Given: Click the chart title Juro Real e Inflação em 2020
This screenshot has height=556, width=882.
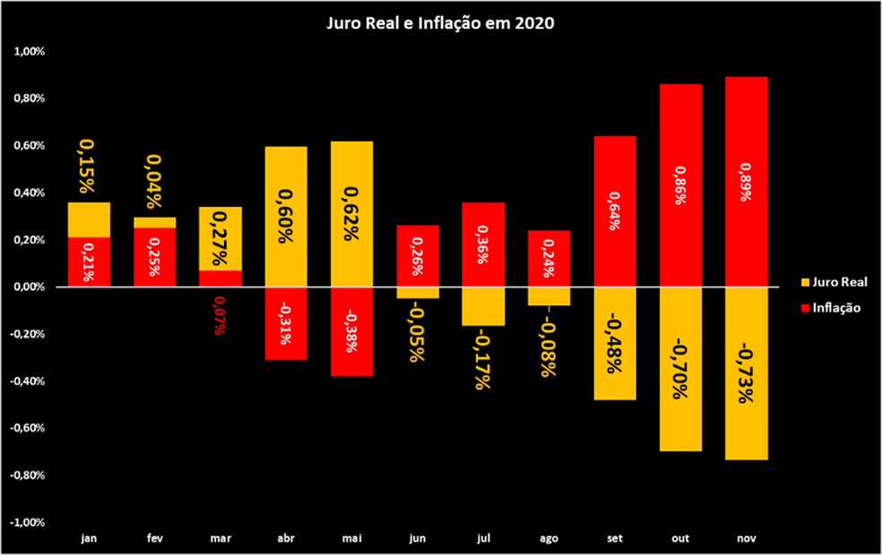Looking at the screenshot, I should [x=440, y=24].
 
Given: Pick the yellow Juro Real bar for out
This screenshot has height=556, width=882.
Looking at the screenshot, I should [x=680, y=368].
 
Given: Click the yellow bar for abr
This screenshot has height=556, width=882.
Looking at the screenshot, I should [x=287, y=216].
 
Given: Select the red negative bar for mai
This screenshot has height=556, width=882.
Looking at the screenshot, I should [x=352, y=331].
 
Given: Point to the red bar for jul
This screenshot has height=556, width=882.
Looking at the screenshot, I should [x=483, y=244].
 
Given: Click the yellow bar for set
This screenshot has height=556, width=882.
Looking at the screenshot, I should [x=615, y=343].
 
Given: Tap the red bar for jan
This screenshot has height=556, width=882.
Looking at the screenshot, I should [x=90, y=261].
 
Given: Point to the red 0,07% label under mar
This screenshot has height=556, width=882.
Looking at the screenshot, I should [x=220, y=317].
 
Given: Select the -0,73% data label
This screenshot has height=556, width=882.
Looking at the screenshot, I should [x=746, y=371].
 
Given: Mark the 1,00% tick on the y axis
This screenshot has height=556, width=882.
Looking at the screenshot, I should [x=30, y=52].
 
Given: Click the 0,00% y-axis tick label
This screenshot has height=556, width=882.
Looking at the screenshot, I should [x=30, y=287].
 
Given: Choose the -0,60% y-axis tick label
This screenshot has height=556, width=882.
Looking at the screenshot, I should [x=29, y=428].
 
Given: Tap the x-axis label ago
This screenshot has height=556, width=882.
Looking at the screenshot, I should [x=549, y=539].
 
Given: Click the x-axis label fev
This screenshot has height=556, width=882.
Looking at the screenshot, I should [x=155, y=539].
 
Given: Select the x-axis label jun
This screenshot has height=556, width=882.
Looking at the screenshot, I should [x=418, y=539].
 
